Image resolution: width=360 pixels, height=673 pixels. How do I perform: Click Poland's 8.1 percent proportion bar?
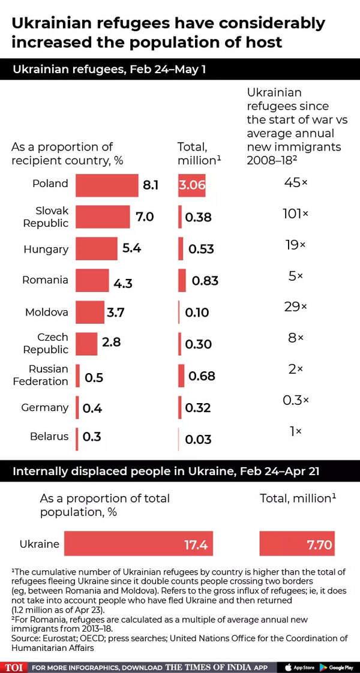[x=107, y=185]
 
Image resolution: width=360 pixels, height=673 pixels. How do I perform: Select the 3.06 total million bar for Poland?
[x=192, y=185]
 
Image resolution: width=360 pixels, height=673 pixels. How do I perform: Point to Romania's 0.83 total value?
[x=205, y=281]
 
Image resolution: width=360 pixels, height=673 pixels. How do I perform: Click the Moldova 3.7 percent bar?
[x=89, y=312]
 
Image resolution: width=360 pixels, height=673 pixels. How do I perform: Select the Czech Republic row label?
[x=46, y=343]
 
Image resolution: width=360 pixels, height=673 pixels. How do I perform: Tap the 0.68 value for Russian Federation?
[x=202, y=376]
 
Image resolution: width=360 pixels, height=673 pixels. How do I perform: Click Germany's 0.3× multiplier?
[x=296, y=401]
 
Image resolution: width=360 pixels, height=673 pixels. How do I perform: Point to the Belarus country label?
[x=49, y=437]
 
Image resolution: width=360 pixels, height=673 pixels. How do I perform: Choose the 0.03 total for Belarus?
[x=199, y=440]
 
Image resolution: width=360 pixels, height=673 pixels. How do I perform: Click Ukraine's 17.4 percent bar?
[x=139, y=544]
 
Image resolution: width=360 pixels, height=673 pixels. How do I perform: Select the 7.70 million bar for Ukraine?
[x=297, y=544]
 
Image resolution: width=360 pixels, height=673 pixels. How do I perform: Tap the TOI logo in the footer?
[x=14, y=667]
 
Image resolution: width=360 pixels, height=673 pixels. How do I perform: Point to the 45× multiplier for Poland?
[x=296, y=182]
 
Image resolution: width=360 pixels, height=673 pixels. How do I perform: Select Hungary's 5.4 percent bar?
[x=97, y=249]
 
